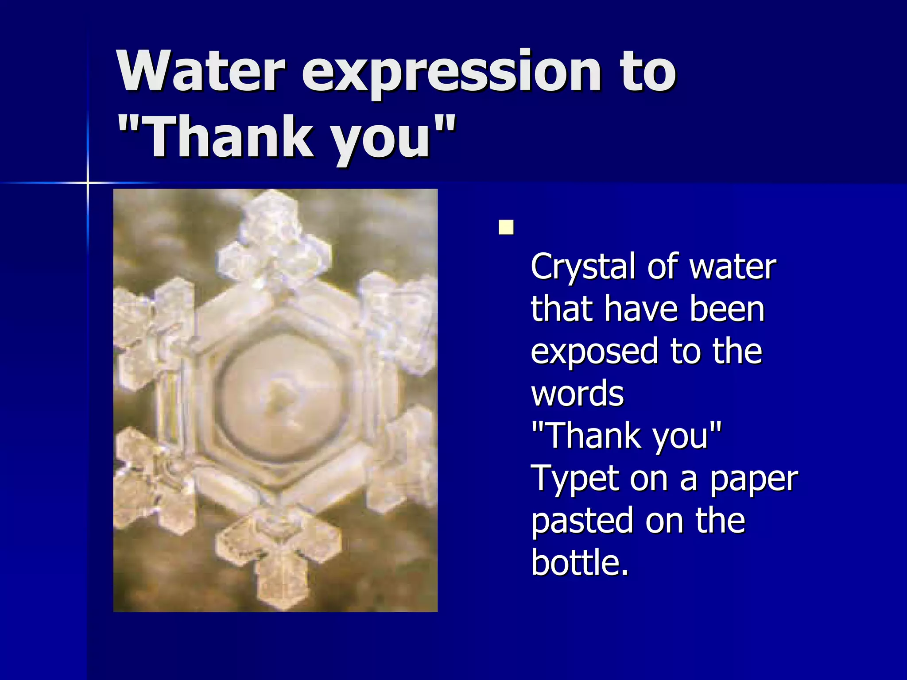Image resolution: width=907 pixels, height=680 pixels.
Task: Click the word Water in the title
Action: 202,71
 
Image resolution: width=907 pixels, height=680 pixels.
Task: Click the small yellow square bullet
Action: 506,228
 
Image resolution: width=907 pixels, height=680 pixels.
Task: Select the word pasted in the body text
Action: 582,521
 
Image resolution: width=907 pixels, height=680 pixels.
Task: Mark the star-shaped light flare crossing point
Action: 88,182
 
